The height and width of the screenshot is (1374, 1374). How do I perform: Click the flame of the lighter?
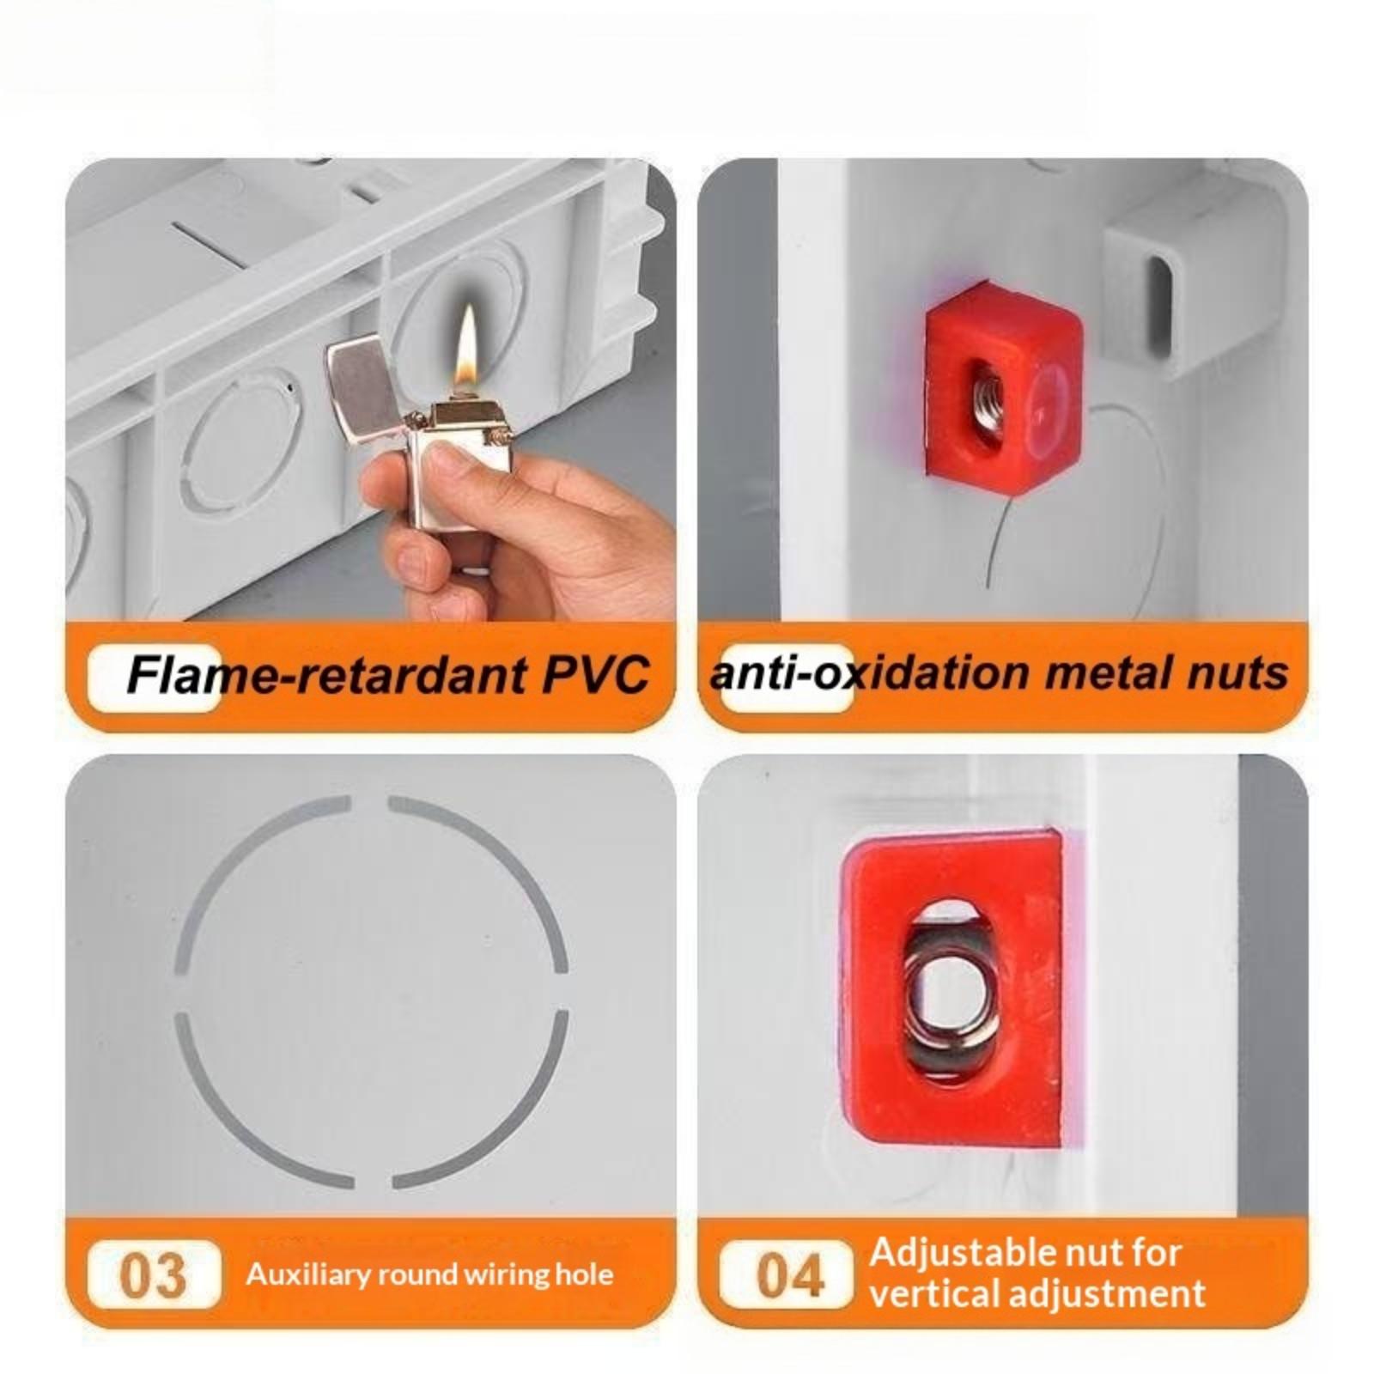(467, 349)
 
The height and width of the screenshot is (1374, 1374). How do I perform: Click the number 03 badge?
(154, 1275)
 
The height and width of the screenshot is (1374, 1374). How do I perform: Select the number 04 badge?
(787, 1275)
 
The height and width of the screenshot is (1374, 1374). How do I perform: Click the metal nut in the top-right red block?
(986, 396)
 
